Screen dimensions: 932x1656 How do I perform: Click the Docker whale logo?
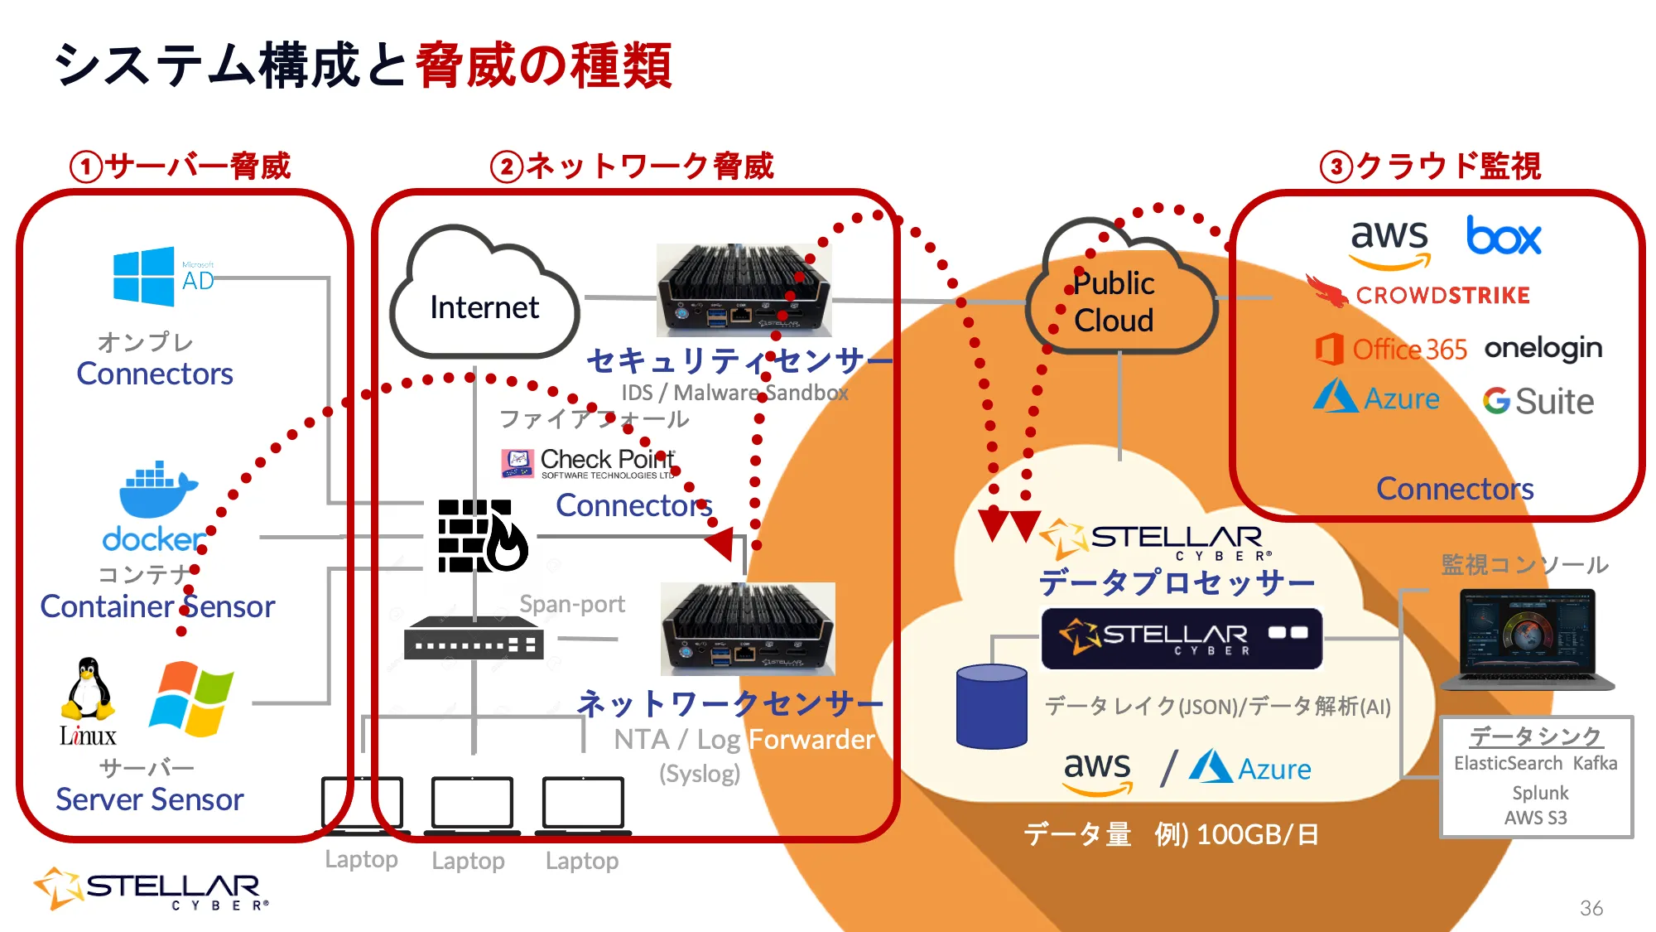point(157,490)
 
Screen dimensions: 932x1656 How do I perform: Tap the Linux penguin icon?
point(87,689)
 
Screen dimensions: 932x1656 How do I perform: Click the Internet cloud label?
point(484,307)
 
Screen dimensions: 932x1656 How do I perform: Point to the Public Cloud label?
point(1114,302)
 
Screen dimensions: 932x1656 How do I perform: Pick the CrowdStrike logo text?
point(1442,296)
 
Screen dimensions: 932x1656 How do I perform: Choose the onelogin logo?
point(1543,348)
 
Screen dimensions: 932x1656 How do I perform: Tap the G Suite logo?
point(1538,402)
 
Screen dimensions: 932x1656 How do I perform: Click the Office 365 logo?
point(1391,349)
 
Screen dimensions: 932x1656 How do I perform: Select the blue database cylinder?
point(991,707)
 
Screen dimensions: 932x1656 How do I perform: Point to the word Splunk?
point(1540,793)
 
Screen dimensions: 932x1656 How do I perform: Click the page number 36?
point(1591,908)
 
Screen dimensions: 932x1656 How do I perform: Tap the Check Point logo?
point(589,462)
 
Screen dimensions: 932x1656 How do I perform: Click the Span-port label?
point(571,604)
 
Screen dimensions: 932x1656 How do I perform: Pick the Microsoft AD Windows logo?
point(144,277)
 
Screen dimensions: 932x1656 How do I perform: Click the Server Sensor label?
point(149,799)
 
